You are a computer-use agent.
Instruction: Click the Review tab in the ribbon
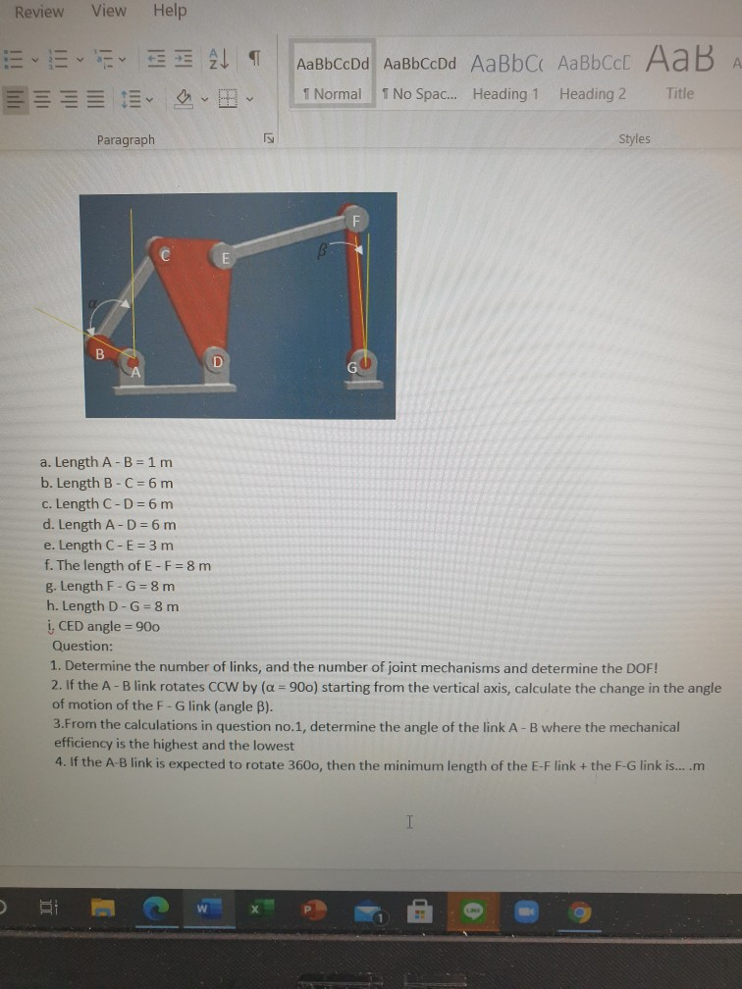39,12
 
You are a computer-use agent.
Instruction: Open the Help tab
169,10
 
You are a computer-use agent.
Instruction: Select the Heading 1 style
505,78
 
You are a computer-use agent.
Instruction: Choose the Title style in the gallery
679,78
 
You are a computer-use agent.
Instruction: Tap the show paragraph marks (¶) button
253,61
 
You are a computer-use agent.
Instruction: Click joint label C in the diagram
165,256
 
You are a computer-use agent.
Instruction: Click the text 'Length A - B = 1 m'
113,461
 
